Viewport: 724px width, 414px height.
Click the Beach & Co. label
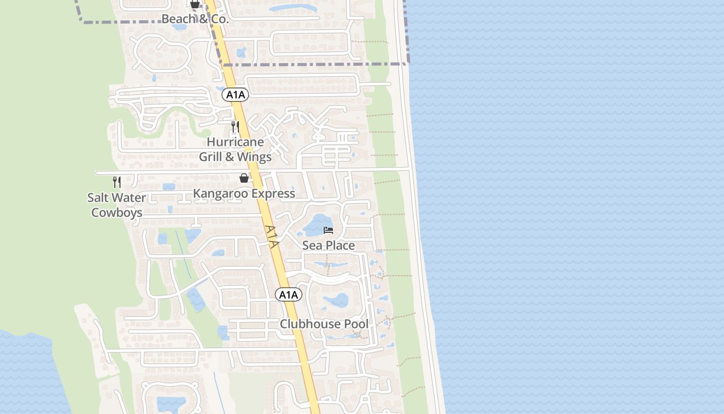coord(195,19)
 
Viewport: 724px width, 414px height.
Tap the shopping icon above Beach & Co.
coord(195,4)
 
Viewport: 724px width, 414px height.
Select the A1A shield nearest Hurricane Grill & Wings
coord(236,95)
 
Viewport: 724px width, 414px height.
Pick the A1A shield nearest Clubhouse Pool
coord(288,295)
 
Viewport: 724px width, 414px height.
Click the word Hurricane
coord(235,142)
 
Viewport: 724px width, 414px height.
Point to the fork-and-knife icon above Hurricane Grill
coord(235,127)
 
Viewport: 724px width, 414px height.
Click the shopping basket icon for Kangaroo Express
coord(244,179)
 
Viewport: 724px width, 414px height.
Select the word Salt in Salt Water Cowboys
coord(98,198)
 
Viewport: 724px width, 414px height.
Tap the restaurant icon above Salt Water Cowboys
coord(117,182)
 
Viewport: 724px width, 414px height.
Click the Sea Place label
coord(328,245)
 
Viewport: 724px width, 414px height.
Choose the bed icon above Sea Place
coord(328,230)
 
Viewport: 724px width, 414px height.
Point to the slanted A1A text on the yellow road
coord(273,236)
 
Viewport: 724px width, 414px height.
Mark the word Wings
coord(254,157)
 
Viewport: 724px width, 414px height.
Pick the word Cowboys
coord(117,212)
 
